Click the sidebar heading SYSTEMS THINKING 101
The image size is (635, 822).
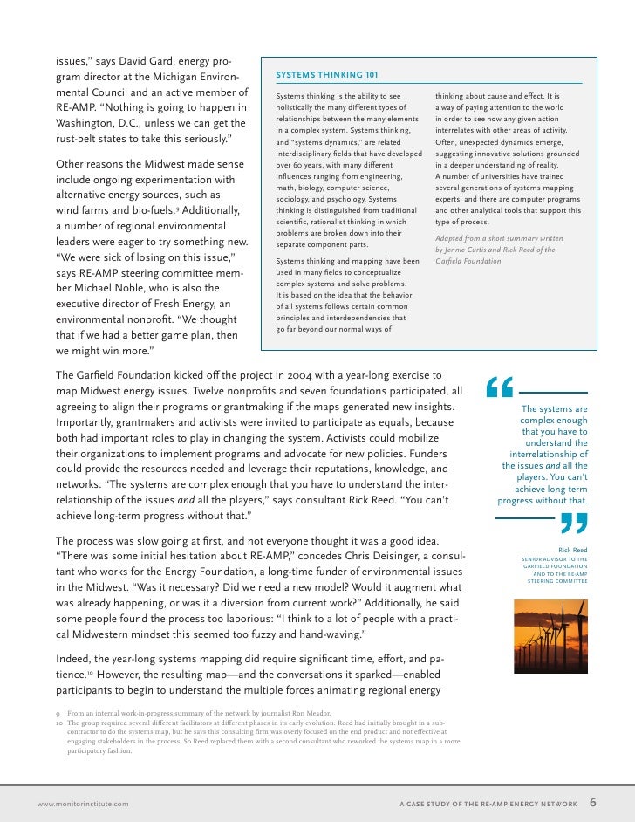326,75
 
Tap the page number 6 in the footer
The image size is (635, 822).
593,803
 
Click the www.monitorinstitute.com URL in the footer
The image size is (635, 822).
83,804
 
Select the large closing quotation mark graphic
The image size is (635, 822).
571,524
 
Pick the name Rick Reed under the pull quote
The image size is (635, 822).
572,550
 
